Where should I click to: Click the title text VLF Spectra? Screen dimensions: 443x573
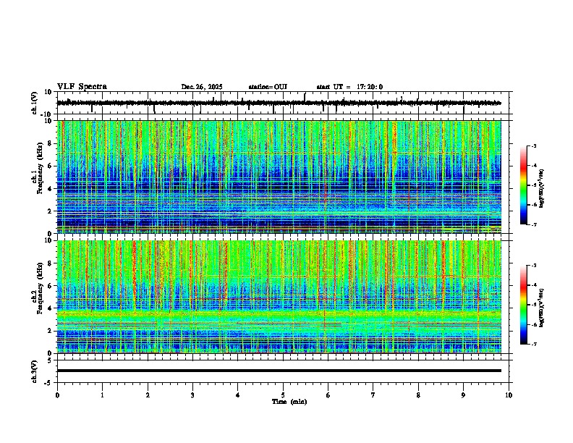[82, 87]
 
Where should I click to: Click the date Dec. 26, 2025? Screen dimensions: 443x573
[202, 87]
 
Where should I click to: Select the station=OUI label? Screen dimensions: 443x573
[268, 87]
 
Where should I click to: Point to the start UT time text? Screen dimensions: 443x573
[349, 87]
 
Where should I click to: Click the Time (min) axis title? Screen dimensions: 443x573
[289, 401]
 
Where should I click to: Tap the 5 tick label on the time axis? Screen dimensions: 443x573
[283, 395]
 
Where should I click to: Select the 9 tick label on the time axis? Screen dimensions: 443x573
[464, 395]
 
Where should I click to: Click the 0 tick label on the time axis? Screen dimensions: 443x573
[57, 395]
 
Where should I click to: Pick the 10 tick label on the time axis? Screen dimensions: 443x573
[509, 395]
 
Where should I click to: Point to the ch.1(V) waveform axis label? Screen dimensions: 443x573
[35, 104]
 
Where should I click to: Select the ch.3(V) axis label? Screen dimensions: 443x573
[35, 371]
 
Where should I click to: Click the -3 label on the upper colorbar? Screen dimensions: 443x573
[533, 146]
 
